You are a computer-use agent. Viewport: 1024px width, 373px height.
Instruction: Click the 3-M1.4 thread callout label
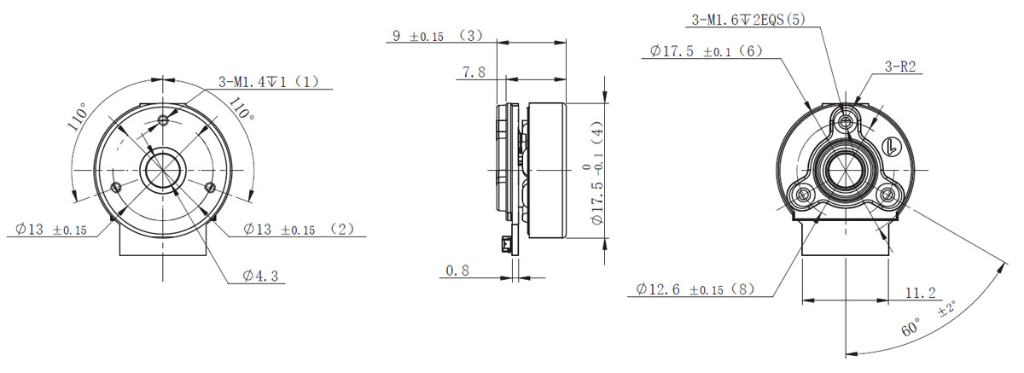pos(269,82)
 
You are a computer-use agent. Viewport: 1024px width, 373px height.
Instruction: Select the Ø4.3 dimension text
pos(260,276)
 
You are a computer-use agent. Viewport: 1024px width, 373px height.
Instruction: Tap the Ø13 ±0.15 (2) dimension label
pos(299,229)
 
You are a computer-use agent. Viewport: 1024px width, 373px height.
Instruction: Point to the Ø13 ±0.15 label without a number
pos(51,229)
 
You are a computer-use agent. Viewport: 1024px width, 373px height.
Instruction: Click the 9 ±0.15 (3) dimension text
pos(438,36)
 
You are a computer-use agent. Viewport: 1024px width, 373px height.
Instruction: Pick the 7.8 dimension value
pos(474,72)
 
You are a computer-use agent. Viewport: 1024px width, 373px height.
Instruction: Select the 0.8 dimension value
pos(457,271)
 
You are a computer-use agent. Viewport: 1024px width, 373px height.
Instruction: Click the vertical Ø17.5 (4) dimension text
pos(594,173)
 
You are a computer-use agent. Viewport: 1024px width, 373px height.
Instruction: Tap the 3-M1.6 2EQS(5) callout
pos(748,20)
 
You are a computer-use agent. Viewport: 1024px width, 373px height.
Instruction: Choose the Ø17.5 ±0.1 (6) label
pos(707,50)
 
